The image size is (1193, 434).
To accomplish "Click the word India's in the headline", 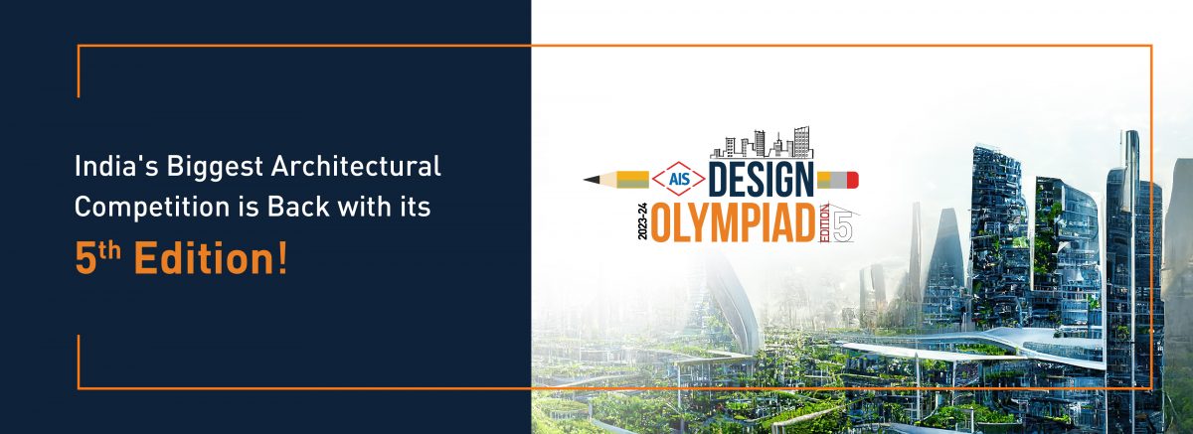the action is point(116,167).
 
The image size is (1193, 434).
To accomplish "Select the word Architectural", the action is point(356,167).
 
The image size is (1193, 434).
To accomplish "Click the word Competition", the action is point(152,208).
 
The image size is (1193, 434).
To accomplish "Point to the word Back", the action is point(298,207).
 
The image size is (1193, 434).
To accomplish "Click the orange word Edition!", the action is point(211,258).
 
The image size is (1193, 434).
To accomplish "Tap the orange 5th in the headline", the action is point(98,257).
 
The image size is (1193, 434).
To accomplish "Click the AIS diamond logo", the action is point(679,179).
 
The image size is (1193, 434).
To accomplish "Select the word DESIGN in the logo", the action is point(762,180).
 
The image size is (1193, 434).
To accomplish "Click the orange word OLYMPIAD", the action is point(734,221).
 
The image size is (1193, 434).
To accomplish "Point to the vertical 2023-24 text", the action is point(642,221).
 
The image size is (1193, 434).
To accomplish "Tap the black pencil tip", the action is point(592,179).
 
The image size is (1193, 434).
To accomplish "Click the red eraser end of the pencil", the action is point(853,180).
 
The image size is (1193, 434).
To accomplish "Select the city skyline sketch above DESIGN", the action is point(762,143).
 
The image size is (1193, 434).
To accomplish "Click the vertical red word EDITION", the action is point(824,223).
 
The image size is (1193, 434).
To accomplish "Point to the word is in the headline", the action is point(249,207).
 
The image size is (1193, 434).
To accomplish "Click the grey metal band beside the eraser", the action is point(839,180).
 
